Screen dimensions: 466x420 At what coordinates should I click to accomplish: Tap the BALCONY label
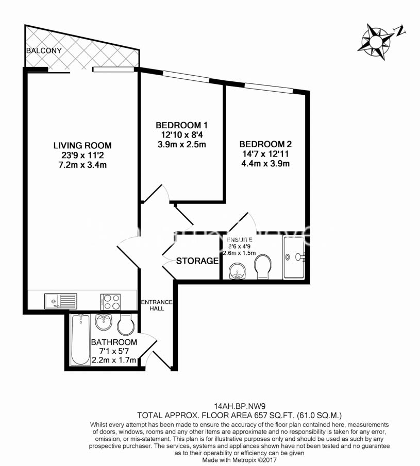[44, 51]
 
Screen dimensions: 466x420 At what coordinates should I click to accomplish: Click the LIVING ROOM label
[82, 145]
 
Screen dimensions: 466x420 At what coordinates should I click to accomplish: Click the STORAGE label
[197, 261]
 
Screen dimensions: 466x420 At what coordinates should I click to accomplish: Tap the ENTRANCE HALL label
[157, 305]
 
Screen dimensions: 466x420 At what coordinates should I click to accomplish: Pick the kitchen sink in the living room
[60, 300]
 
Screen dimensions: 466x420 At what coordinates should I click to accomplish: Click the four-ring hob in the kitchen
[110, 301]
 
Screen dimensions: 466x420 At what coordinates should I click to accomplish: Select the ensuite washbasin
[237, 270]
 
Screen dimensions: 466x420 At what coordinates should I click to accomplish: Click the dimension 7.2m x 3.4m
[82, 165]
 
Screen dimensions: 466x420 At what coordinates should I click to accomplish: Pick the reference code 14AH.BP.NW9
[239, 405]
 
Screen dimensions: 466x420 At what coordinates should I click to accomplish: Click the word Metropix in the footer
[246, 460]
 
